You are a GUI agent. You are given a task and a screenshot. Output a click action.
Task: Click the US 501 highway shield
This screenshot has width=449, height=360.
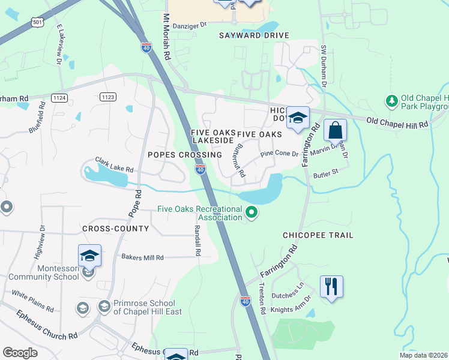[37, 22]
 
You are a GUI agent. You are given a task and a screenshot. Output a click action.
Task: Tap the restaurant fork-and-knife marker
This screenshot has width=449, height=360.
[331, 286]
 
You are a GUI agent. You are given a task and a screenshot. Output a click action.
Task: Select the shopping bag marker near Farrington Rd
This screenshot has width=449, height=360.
[335, 130]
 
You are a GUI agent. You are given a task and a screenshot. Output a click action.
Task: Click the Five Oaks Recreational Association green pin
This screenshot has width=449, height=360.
[252, 212]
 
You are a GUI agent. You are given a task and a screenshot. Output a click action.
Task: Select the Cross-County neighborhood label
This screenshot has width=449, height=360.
[115, 229]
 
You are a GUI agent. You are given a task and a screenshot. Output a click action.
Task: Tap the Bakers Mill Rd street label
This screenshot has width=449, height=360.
[143, 257]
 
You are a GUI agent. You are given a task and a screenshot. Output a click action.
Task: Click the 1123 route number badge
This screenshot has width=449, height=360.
[108, 97]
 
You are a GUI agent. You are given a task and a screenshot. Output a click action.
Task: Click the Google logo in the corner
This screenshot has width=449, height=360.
[20, 353]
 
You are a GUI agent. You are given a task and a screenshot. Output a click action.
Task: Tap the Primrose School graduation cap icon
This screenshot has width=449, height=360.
[104, 307]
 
